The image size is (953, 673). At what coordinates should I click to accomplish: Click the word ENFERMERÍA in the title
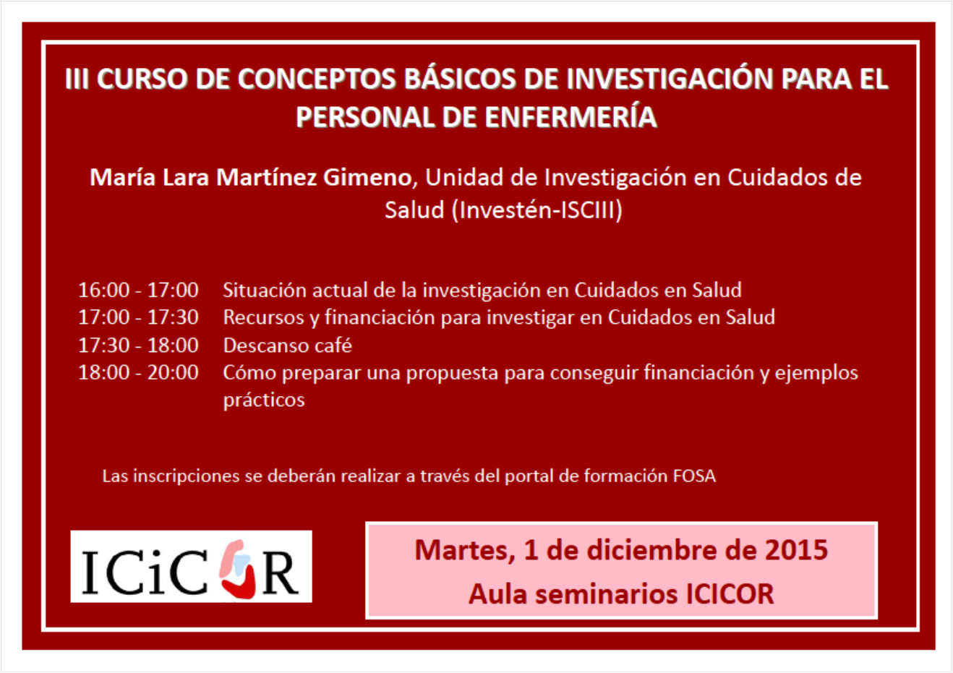tap(571, 117)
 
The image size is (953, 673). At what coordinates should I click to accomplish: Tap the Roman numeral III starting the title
tap(77, 79)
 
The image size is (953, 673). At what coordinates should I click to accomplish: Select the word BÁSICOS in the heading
tap(459, 79)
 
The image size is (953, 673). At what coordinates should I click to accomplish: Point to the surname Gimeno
tap(367, 177)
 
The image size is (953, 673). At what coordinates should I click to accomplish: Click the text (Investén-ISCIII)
tap(537, 210)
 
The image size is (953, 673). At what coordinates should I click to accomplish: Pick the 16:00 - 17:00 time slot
tap(138, 290)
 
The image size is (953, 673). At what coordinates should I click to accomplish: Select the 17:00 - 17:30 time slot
tap(138, 317)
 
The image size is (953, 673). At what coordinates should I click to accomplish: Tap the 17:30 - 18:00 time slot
tap(138, 345)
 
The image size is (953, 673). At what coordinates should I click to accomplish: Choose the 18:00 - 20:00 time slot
tap(138, 373)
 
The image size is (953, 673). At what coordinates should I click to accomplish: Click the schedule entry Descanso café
tap(288, 345)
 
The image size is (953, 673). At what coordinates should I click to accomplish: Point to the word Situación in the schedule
tap(265, 290)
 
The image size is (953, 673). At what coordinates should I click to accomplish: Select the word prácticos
tap(264, 400)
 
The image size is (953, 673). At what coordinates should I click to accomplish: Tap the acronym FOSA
tap(694, 476)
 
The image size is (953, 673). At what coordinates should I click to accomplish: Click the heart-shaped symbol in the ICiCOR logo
tap(238, 569)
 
